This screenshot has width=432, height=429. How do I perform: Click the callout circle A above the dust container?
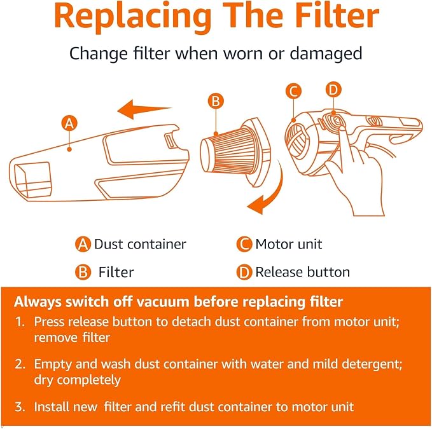point(69,123)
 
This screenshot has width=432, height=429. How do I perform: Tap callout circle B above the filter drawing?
point(216,100)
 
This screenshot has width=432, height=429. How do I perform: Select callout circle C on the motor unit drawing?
point(293,91)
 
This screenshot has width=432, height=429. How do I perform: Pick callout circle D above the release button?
point(333,90)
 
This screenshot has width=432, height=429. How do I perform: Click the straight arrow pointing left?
point(144,109)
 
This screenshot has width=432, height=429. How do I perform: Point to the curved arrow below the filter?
point(272,190)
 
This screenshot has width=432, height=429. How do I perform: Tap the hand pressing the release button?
point(358,174)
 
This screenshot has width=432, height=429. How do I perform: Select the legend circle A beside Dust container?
point(83,244)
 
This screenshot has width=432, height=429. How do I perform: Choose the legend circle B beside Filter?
point(83,272)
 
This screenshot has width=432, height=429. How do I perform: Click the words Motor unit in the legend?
point(288,244)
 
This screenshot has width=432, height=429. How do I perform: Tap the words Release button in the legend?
point(302,272)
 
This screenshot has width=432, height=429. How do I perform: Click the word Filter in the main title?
point(337,15)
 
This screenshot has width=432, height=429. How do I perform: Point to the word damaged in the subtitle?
point(326,54)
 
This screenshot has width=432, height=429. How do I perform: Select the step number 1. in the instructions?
point(20,322)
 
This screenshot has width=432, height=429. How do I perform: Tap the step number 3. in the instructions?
point(20,407)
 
